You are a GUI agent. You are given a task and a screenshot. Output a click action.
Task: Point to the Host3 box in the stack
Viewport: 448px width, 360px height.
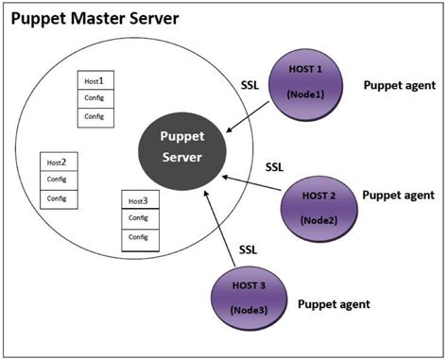tap(139, 200)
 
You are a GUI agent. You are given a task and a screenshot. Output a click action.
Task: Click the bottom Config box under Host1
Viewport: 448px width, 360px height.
tap(94, 116)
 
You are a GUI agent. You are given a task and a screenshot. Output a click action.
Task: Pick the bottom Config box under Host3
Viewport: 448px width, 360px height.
tap(139, 237)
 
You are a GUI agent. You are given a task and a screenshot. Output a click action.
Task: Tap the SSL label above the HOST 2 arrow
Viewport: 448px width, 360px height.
tap(273, 166)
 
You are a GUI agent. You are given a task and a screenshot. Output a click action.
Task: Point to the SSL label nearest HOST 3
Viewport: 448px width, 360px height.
tap(248, 249)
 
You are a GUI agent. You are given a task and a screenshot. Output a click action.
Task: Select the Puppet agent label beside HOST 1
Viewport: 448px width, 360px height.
tap(399, 85)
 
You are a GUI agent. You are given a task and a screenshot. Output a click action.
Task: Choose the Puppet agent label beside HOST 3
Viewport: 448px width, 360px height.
tap(334, 304)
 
